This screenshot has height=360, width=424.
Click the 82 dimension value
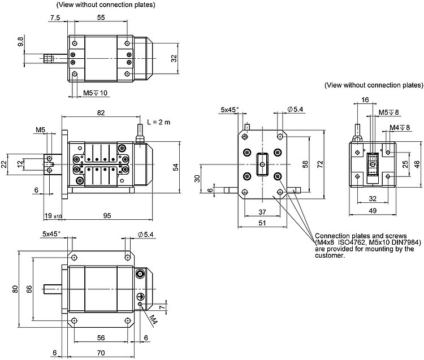(x=101, y=113)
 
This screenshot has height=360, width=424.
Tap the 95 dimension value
(x=106, y=215)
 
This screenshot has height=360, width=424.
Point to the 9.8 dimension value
(x=21, y=42)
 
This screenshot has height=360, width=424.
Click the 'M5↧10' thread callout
(x=96, y=92)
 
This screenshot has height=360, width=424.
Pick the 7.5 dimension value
(x=55, y=18)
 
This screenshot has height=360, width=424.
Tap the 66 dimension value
(x=29, y=289)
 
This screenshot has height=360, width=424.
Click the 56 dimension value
(x=101, y=337)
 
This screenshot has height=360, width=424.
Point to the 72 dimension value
(x=321, y=163)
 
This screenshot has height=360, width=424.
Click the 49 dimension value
(x=373, y=211)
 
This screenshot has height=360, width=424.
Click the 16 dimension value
(x=365, y=99)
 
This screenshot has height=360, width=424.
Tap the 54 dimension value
(x=176, y=167)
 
